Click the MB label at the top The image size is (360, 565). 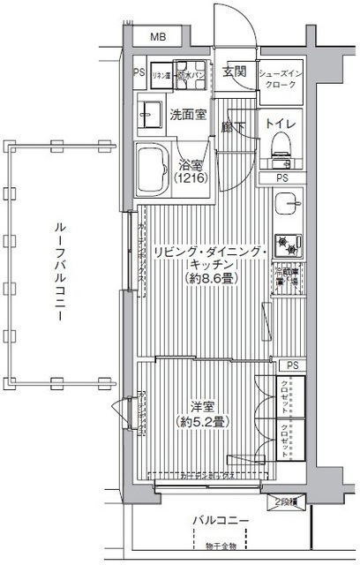point(157,36)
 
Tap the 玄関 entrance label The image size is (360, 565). point(234,72)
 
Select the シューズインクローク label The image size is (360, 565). point(281,77)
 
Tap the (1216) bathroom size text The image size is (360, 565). point(190,178)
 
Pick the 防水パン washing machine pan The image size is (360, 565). point(188,77)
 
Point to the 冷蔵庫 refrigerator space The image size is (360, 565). point(285,276)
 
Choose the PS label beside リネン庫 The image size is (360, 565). point(139,73)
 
